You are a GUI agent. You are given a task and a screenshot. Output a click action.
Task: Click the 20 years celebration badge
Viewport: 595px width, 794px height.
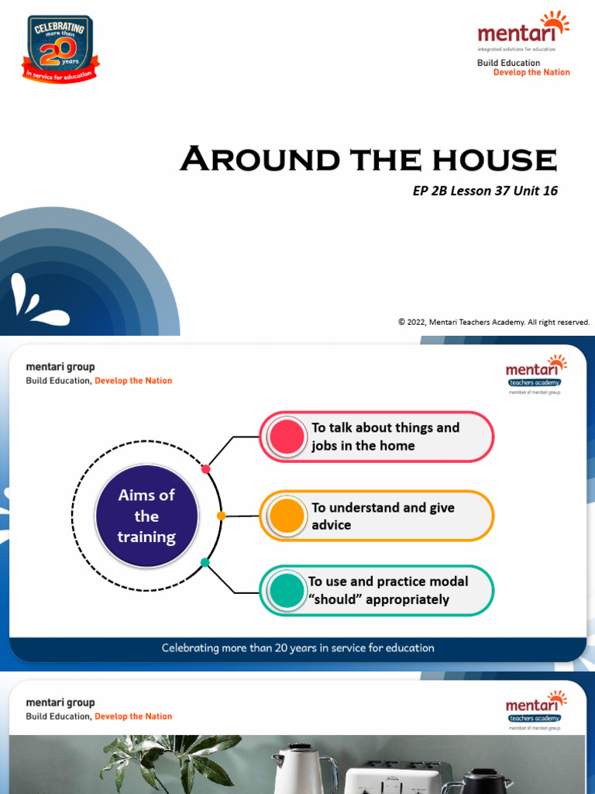[60, 48]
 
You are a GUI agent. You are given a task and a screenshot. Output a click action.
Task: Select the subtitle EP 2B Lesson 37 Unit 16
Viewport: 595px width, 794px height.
[485, 191]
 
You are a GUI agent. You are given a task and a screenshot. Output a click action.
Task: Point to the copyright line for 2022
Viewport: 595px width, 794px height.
[494, 322]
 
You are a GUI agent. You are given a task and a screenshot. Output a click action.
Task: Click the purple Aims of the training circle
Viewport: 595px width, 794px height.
[146, 516]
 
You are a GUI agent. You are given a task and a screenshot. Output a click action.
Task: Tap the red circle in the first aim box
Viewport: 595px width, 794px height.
[286, 437]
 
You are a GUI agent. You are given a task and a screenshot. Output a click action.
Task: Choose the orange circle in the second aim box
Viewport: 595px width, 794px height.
[286, 516]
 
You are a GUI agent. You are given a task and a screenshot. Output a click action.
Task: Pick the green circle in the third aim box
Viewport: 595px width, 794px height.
[286, 590]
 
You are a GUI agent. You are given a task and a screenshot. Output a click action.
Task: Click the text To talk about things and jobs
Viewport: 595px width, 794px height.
[385, 437]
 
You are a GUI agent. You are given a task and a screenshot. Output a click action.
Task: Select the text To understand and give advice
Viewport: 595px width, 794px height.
[383, 516]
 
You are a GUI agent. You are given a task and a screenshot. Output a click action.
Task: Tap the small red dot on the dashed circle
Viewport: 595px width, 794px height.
[205, 469]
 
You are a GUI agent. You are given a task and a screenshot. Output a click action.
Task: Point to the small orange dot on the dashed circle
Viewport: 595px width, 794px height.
[221, 516]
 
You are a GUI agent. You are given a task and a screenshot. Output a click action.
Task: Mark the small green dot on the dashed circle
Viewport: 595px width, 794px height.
[205, 562]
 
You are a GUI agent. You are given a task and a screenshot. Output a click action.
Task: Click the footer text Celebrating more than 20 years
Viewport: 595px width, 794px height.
[297, 647]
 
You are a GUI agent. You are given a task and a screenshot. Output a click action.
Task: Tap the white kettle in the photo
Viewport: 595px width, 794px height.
[302, 770]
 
